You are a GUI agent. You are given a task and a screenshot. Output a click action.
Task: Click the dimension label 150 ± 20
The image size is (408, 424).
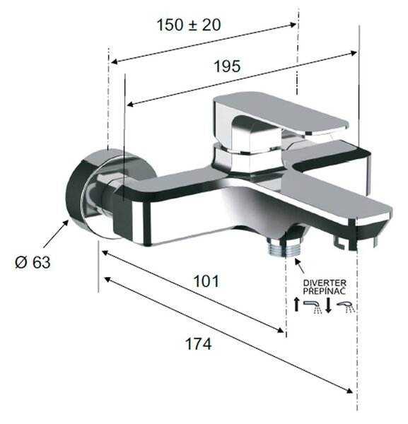pos(189,25)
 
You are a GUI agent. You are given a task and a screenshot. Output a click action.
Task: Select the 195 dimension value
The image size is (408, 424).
pos(227,66)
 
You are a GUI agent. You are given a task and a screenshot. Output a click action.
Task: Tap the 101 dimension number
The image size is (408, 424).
pos(206,281)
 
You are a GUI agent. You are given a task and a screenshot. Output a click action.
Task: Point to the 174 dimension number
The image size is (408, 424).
pos(198,344)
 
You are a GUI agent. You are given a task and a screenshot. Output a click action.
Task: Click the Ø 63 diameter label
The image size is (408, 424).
pos(33,262)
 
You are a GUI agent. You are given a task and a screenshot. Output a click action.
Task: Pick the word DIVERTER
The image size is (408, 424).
pos(325,283)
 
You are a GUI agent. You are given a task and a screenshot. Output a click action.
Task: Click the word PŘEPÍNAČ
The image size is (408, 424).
pos(324,291)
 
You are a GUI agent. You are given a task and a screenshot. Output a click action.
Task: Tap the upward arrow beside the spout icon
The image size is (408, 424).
pos(297,304)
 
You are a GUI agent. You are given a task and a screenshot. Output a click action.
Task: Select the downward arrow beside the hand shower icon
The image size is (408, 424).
pos(328,305)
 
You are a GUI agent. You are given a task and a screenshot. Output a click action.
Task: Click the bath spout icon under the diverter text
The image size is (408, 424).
pos(313,307)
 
